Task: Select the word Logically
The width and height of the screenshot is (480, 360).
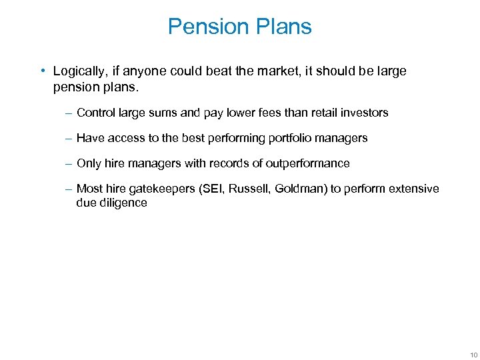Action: (x=78, y=71)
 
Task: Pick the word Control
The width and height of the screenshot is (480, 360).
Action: (x=96, y=113)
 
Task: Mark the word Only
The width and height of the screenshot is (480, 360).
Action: (x=89, y=163)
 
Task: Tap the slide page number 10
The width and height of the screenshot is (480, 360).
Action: (x=473, y=354)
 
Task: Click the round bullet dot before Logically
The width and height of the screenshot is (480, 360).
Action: (x=42, y=71)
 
